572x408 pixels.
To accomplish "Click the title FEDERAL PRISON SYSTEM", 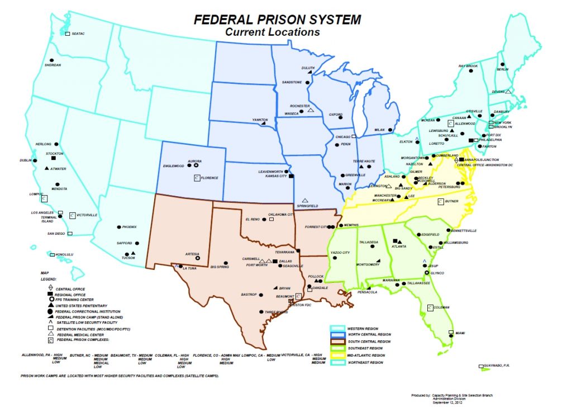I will tap(277, 20).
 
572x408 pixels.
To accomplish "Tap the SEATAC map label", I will tap(78, 34).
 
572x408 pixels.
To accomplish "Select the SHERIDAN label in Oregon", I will tap(53, 65).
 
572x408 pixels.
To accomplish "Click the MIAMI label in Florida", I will tap(460, 333).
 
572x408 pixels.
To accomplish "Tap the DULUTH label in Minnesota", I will tap(308, 68).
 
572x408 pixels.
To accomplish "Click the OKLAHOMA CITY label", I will tap(281, 215).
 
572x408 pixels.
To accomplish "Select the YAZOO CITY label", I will tap(340, 253).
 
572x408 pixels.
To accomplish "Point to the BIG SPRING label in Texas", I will tap(220, 267).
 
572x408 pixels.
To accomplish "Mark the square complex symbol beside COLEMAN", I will tap(430, 307).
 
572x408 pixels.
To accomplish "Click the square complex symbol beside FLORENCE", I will tap(197, 178).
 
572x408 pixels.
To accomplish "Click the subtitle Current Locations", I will tap(272, 32).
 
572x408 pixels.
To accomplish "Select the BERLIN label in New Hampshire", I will tap(503, 69).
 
